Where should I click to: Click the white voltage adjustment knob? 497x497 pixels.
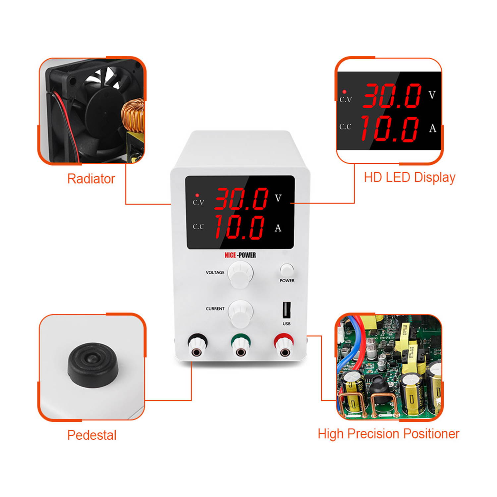(x=240, y=274)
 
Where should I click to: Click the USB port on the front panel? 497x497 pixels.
(x=286, y=309)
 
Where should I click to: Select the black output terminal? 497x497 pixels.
(x=197, y=346)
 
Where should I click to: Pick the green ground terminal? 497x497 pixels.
(x=241, y=346)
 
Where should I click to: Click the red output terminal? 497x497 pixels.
(x=284, y=346)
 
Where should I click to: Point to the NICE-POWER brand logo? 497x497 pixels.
(x=240, y=255)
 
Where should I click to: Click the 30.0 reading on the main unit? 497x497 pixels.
(x=241, y=198)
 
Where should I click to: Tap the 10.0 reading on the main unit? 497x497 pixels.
(x=239, y=227)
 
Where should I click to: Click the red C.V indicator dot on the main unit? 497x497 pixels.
(x=197, y=195)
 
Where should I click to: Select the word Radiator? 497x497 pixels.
(x=91, y=179)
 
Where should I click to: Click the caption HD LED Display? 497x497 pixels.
(x=410, y=178)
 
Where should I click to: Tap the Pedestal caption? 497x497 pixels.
(x=92, y=435)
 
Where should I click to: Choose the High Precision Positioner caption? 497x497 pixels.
(x=388, y=434)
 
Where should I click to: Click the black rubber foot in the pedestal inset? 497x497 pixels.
(x=93, y=365)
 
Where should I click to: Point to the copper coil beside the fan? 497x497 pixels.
(x=134, y=116)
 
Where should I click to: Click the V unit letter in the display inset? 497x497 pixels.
(x=432, y=95)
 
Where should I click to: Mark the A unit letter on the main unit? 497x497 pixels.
(x=278, y=228)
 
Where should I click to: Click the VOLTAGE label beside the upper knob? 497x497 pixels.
(x=215, y=272)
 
